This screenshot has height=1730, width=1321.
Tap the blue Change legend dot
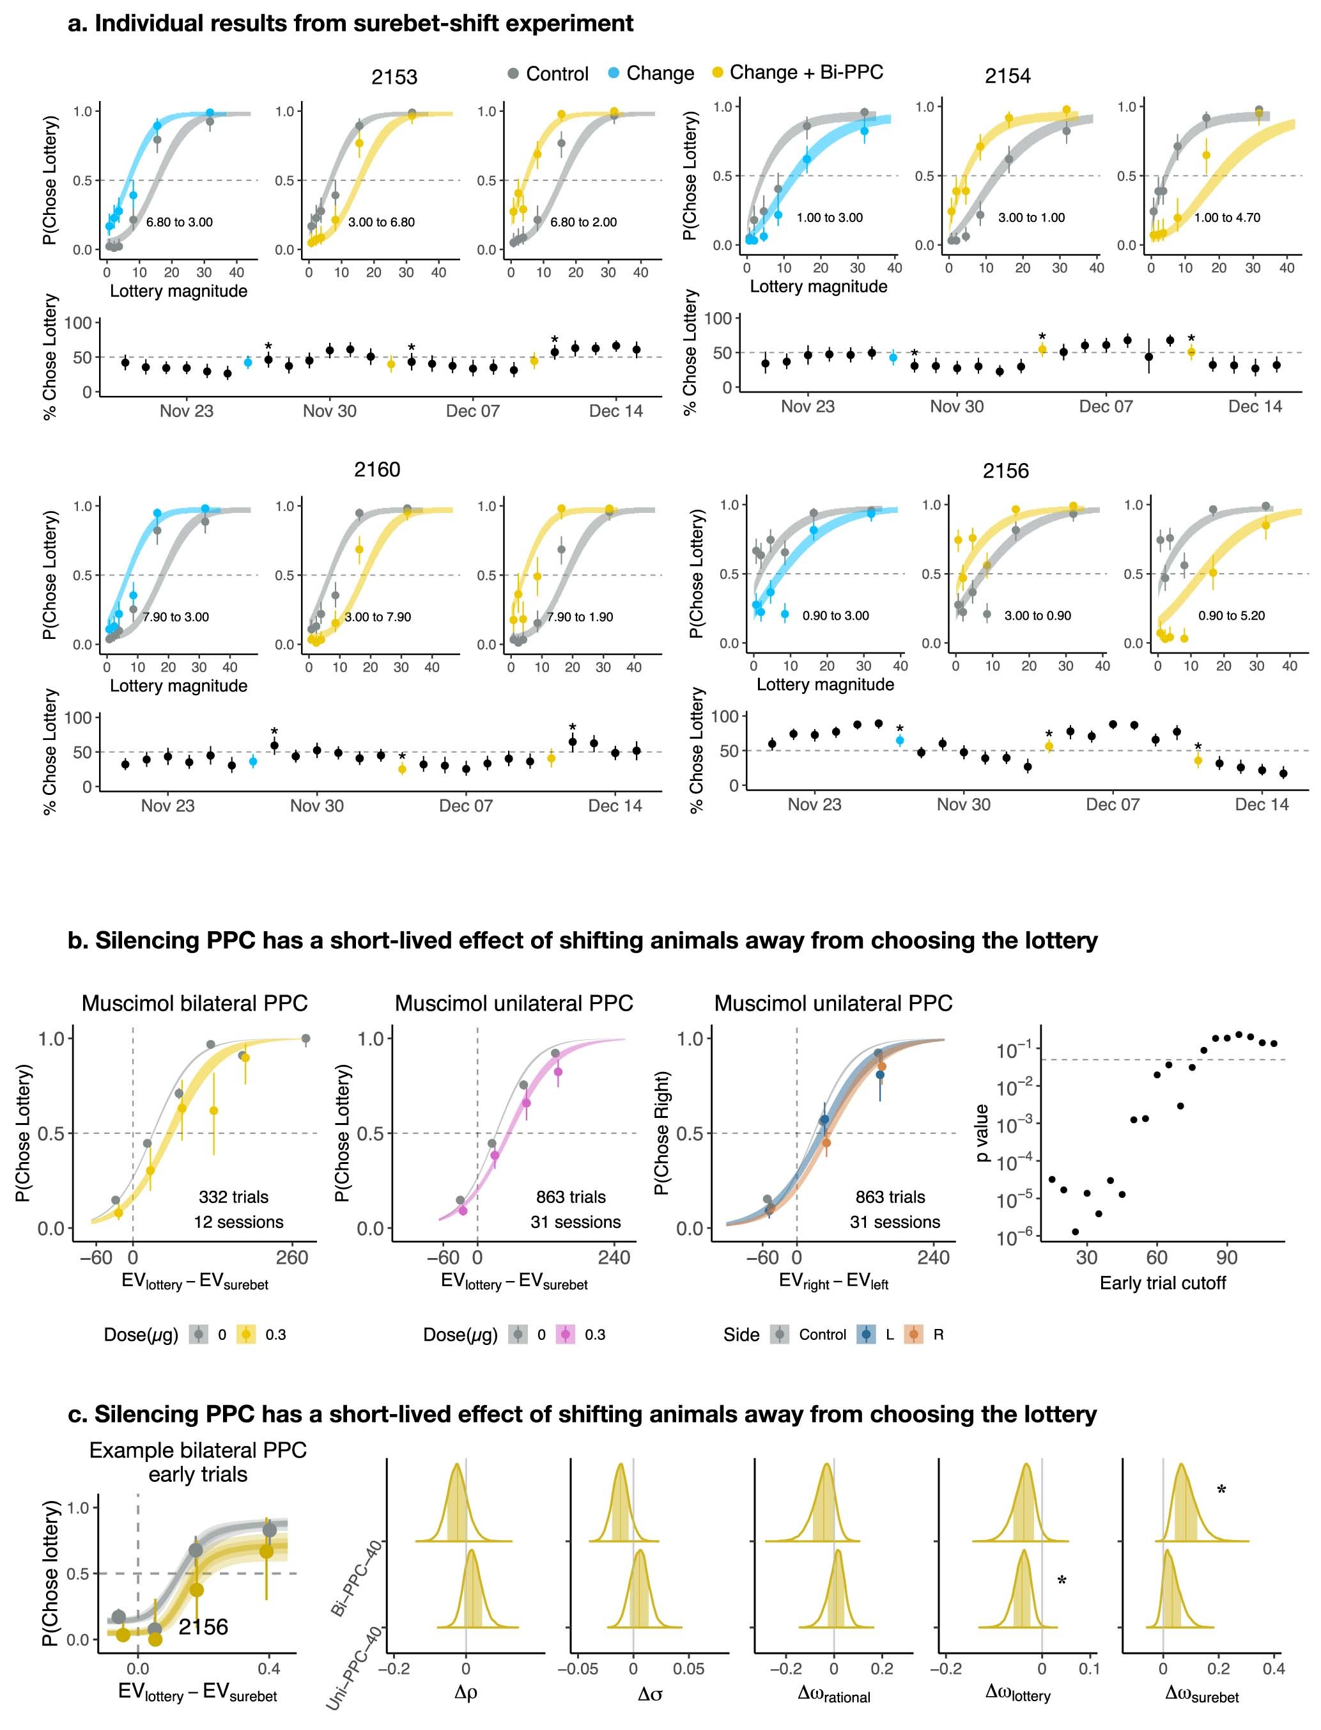(x=614, y=73)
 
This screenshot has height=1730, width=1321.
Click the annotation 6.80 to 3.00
(x=180, y=222)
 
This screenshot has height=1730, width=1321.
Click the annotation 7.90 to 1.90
(x=580, y=617)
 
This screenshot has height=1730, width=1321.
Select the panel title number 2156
(x=1006, y=471)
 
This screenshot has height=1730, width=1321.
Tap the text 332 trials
(x=233, y=1197)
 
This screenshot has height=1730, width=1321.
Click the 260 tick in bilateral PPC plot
(x=291, y=1258)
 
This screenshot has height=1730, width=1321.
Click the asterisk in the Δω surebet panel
(x=1221, y=1490)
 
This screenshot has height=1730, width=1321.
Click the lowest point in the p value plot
(x=1075, y=1231)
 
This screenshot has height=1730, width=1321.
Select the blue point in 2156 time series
(x=900, y=741)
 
